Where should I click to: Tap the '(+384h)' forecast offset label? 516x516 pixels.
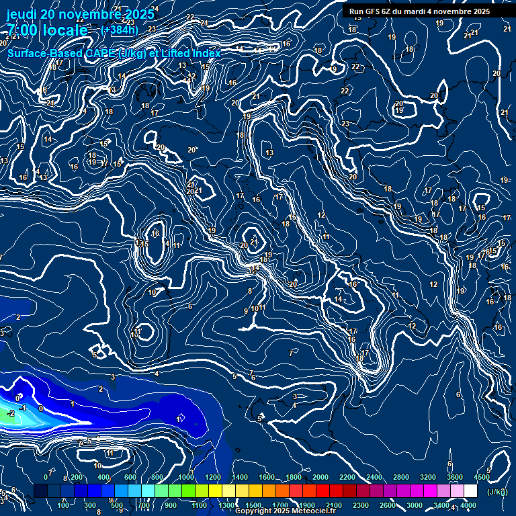coord(120,30)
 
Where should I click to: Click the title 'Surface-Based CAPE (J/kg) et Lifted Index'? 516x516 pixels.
coord(114,53)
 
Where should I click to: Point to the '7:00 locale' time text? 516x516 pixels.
coord(47,30)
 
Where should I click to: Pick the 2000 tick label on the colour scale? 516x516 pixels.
coord(320,477)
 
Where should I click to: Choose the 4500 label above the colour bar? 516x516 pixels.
coord(482,477)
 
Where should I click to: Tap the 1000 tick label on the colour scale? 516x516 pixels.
coord(186,477)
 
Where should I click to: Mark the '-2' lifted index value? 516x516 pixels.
coord(11,413)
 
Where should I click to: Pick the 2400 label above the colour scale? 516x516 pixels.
coord(374,477)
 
